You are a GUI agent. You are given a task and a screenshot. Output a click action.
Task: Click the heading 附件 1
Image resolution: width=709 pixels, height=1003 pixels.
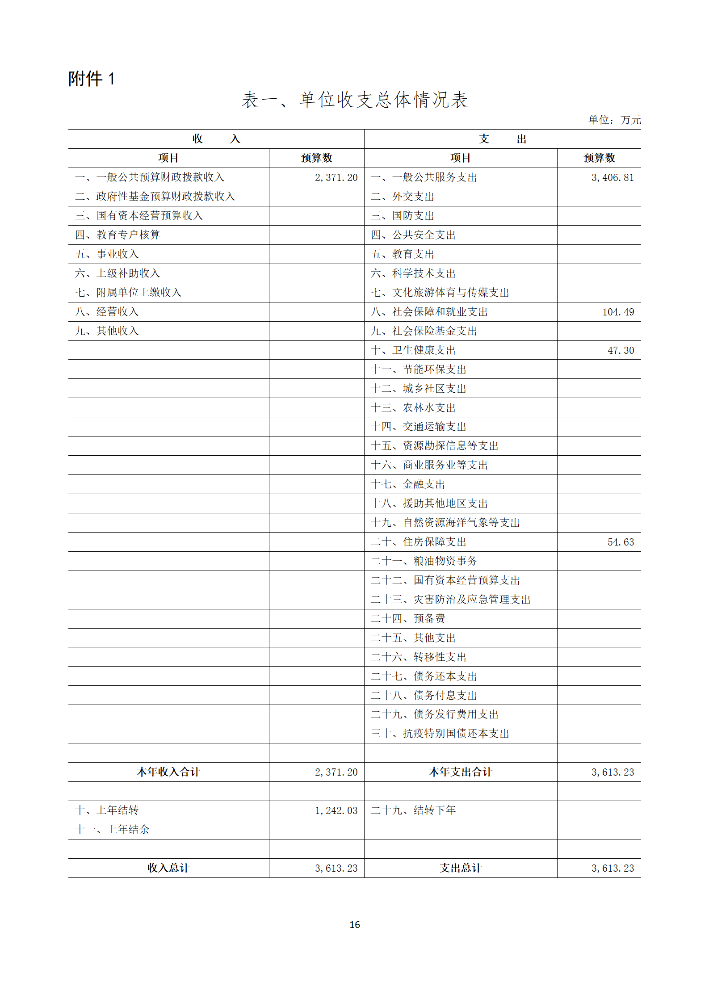(x=92, y=79)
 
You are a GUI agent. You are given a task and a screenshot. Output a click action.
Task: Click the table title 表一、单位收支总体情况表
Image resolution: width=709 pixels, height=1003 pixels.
(x=354, y=100)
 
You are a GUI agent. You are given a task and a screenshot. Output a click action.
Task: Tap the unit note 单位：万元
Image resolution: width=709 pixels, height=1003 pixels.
(x=614, y=120)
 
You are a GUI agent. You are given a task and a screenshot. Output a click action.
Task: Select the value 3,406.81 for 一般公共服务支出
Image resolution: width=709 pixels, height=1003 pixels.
(x=613, y=178)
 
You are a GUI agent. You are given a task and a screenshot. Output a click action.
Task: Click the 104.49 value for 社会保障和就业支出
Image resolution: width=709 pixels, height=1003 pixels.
(x=618, y=312)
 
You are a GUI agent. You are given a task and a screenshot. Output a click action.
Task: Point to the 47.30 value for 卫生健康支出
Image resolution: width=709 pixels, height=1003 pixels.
(x=621, y=351)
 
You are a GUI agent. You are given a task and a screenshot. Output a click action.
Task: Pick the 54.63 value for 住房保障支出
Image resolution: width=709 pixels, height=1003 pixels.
(x=621, y=542)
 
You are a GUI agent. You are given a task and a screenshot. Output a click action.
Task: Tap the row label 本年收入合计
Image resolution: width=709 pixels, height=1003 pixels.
(x=168, y=772)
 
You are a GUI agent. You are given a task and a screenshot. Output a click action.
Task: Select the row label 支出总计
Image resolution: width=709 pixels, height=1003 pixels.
(x=461, y=868)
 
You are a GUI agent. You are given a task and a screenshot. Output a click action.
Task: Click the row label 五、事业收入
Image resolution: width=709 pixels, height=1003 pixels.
(x=107, y=254)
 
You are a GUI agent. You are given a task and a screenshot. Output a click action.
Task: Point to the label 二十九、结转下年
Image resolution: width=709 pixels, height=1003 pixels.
(x=413, y=810)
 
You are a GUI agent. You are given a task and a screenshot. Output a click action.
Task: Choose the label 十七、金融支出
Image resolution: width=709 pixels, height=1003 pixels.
(x=408, y=484)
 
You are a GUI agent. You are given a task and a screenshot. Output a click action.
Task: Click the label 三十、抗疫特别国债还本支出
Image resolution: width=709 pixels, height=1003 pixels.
(x=440, y=734)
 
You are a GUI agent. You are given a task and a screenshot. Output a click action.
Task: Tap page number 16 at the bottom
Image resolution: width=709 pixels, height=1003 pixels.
(x=355, y=925)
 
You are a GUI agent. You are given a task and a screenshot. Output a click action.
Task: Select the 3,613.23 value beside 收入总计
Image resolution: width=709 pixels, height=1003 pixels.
(x=336, y=869)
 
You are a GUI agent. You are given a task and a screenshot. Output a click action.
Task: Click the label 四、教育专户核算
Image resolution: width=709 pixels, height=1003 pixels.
(x=117, y=235)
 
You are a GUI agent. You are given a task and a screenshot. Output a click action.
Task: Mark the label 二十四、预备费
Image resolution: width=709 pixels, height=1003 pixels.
(x=408, y=619)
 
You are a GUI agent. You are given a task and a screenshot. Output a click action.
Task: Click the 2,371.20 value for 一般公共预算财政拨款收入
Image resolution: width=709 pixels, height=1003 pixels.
(x=336, y=178)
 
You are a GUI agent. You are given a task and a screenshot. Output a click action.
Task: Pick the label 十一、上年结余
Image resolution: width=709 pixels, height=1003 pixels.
(x=112, y=830)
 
